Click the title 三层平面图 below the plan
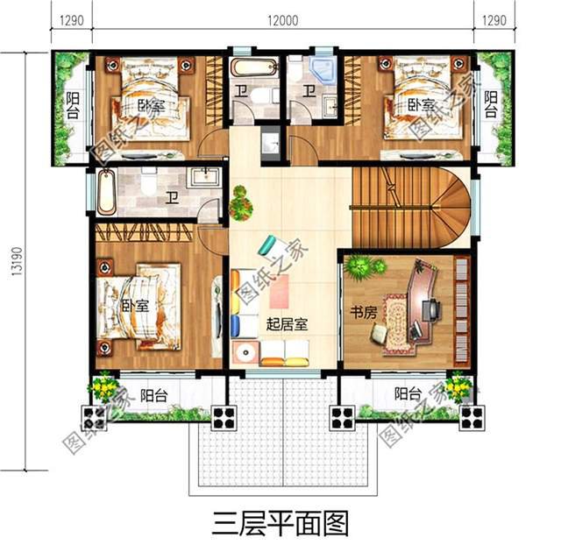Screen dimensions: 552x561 [x=280, y=523]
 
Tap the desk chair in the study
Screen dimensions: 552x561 [x=432, y=308]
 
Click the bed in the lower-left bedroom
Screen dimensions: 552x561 [x=140, y=308]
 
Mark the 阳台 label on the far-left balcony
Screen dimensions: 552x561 [x=73, y=105]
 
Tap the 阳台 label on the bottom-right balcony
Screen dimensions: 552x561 [x=408, y=393]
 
